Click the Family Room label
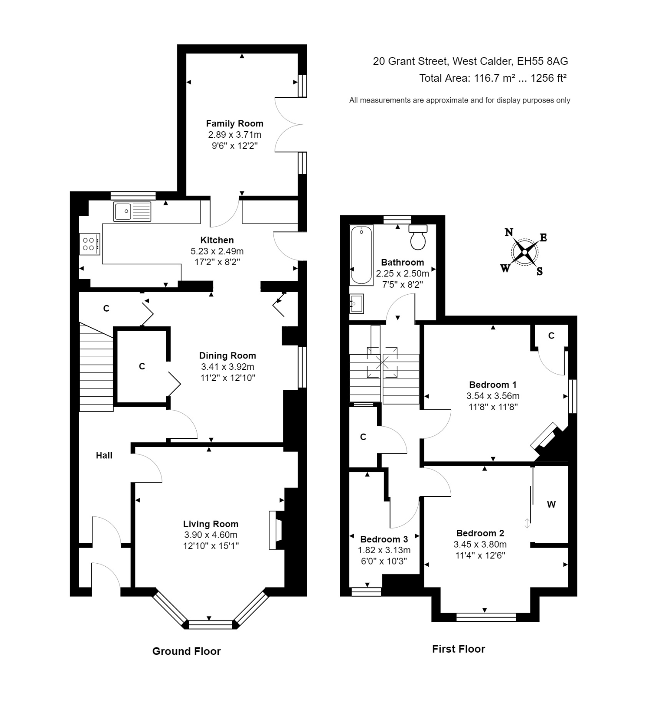tap(235, 123)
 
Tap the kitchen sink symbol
tap(132, 212)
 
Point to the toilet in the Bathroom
tap(418, 238)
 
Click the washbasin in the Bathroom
tap(357, 303)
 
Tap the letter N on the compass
tap(509, 232)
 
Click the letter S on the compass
tap(540, 272)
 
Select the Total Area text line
tap(493, 78)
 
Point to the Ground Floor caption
tap(186, 651)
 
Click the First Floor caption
tap(458, 649)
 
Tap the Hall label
tap(104, 455)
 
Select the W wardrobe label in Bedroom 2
tap(551, 505)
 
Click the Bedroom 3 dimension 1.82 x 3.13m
tap(384, 550)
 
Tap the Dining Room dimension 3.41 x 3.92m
tap(227, 367)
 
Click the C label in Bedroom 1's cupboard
tap(551, 335)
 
